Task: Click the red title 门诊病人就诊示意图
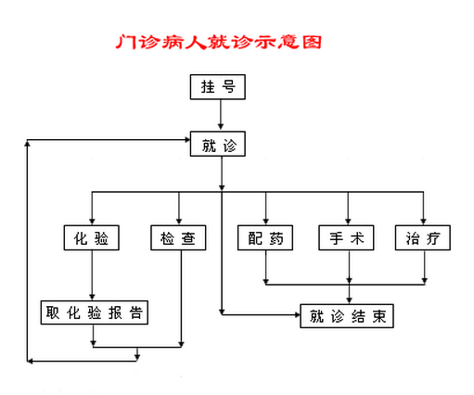coord(219,42)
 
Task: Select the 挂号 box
coord(218,87)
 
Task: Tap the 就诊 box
coord(218,144)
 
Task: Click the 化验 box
coord(92,237)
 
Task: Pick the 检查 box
coord(178,237)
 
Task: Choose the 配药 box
coord(265,237)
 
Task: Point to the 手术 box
coord(346,237)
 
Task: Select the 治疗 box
coord(423,237)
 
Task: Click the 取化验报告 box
coord(95,312)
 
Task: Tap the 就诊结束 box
coord(347,316)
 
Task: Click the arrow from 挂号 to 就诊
coord(221,115)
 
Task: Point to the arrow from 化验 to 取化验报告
coord(92,275)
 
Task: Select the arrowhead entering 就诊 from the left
coord(187,140)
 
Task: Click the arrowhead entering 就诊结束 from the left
coord(298,315)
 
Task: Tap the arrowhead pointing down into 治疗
coord(423,222)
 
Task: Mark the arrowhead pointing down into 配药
coord(265,222)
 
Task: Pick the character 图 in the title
coord(313,42)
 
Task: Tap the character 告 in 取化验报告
coord(136,312)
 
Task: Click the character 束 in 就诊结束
coord(379,316)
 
